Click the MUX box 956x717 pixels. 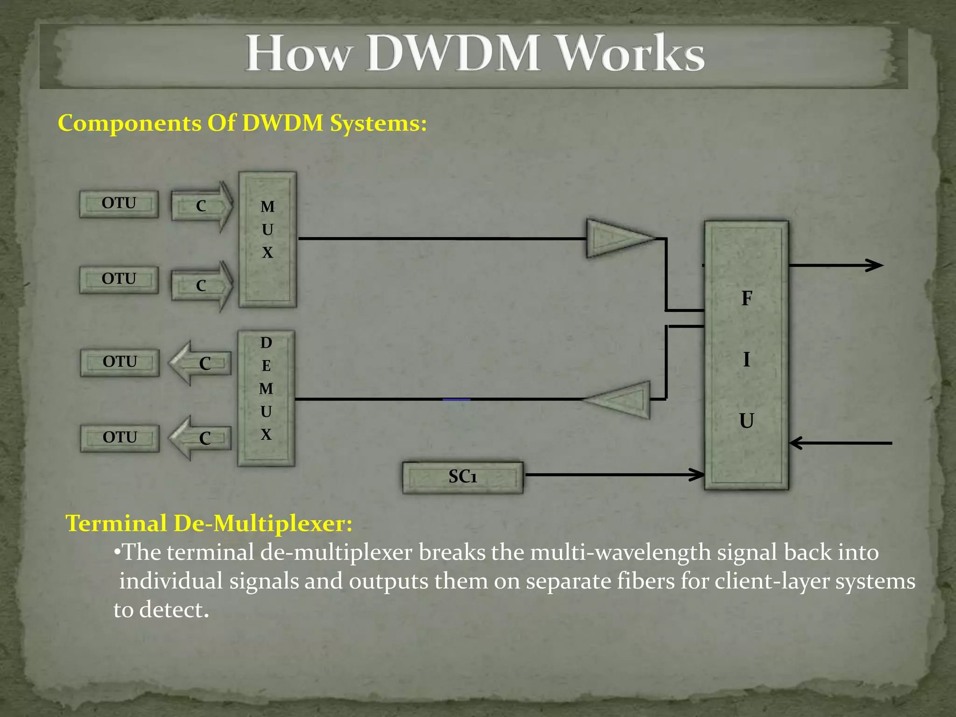[x=267, y=239]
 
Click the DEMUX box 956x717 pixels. [x=266, y=398]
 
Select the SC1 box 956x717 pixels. [x=463, y=477]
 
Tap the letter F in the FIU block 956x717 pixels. [x=746, y=299]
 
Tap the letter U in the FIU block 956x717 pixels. [x=746, y=421]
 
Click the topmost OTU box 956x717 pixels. [x=119, y=204]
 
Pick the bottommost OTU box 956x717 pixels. [x=120, y=438]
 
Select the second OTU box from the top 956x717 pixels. [x=119, y=279]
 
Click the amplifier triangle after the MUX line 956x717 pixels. [x=616, y=238]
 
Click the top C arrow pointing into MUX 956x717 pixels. [x=202, y=206]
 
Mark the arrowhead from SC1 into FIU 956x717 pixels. [x=697, y=475]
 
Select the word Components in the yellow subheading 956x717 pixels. [x=129, y=124]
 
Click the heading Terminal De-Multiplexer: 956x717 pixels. [x=209, y=523]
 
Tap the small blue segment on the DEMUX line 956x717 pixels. [x=456, y=400]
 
